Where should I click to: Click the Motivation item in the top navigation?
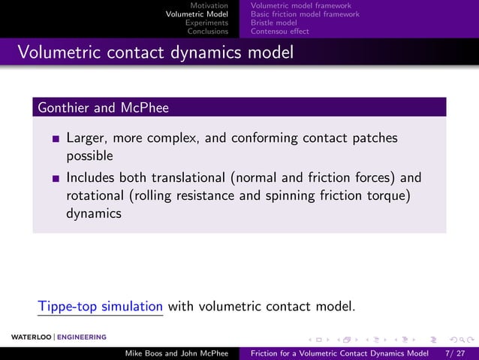[209, 6]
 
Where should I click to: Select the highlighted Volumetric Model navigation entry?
[197, 14]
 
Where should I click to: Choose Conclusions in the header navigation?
[207, 32]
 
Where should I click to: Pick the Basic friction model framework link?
[305, 14]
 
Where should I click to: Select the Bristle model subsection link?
[274, 23]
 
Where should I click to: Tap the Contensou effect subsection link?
[279, 32]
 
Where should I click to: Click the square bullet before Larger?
[56, 139]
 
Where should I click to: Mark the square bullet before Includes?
[56, 179]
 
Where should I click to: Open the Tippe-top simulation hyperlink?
[101, 306]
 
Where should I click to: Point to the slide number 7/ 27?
[455, 352]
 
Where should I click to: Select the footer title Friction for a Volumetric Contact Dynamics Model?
[339, 352]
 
